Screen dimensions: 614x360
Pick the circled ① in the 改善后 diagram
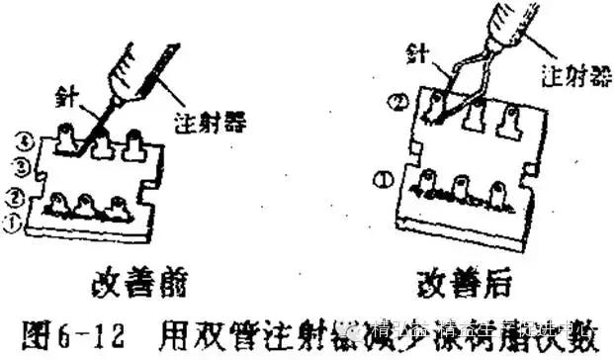(x=383, y=179)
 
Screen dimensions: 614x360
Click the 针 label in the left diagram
(x=70, y=95)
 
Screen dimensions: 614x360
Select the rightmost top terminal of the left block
(x=132, y=143)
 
